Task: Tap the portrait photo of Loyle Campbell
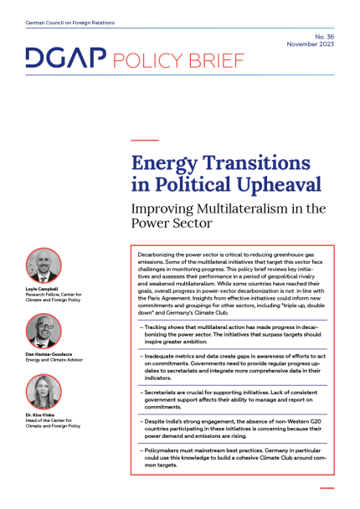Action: coord(44,266)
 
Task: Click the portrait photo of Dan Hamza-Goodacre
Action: coord(44,332)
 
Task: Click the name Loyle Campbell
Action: coord(47,289)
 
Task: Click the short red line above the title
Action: coord(145,140)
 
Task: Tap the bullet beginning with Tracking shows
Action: coord(234,332)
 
